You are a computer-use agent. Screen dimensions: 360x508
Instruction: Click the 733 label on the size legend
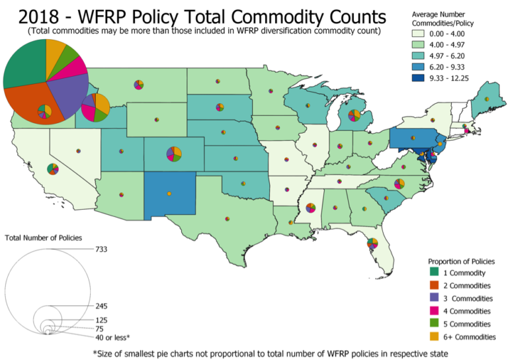click(x=101, y=249)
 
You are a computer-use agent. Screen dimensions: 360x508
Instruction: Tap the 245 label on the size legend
click(x=101, y=306)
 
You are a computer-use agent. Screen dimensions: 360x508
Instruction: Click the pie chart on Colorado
click(x=174, y=154)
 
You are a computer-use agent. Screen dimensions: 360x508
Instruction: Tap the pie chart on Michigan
click(x=355, y=116)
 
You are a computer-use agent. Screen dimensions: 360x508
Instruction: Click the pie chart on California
click(x=53, y=169)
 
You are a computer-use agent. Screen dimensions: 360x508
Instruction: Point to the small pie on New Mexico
click(x=169, y=193)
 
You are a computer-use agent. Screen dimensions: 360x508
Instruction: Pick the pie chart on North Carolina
click(x=399, y=183)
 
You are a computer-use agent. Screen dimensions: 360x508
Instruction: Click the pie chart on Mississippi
click(x=310, y=208)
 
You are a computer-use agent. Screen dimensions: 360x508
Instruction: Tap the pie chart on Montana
click(x=138, y=84)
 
